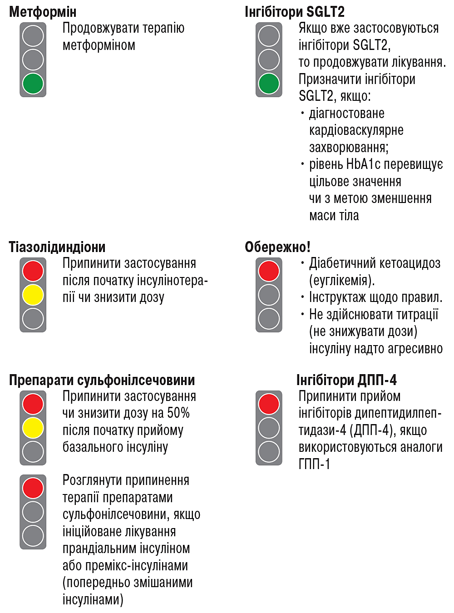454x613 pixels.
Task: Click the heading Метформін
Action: coord(43,12)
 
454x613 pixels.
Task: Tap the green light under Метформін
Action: coord(33,84)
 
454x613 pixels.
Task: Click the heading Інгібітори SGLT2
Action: coord(294,12)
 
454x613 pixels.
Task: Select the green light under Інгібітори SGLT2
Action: coord(269,84)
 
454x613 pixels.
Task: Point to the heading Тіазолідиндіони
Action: coord(57,247)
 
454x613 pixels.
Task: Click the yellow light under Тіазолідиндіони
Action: coord(33,295)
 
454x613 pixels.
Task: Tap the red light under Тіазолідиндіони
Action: coord(33,271)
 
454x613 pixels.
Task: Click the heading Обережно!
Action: coord(277,247)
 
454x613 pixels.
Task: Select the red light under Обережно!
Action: coord(269,271)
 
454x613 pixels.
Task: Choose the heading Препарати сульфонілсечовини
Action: coord(102,380)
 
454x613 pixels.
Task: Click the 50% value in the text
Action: coord(178,413)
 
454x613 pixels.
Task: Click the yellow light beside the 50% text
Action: coord(33,428)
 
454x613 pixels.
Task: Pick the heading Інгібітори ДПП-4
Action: coord(346,380)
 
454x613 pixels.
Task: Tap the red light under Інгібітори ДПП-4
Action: coord(269,404)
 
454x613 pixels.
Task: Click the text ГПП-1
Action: coord(314,464)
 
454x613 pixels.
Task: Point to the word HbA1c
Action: coord(363,164)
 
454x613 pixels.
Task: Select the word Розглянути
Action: coord(93,480)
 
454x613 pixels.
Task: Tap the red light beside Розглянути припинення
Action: coord(33,488)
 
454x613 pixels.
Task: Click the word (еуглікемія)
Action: coord(342,280)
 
